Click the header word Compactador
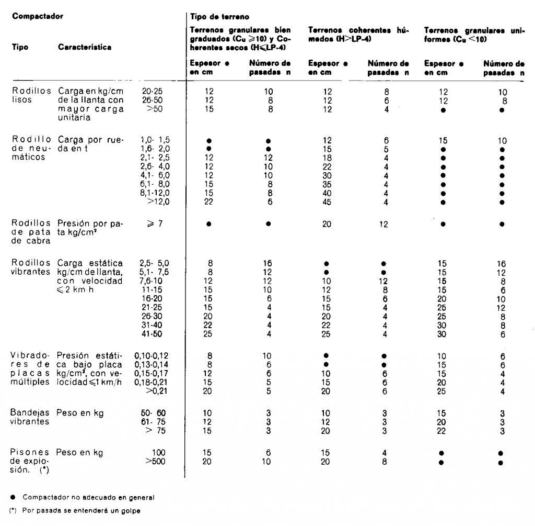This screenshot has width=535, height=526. (x=37, y=16)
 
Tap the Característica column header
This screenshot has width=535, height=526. (x=85, y=47)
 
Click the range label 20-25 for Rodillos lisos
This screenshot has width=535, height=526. (x=152, y=91)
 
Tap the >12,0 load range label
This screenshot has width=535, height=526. (x=152, y=202)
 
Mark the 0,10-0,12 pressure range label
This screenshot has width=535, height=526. (x=150, y=356)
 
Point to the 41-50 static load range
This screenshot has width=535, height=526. (x=152, y=334)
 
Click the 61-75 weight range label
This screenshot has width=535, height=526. (x=152, y=422)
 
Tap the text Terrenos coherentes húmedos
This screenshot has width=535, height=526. (x=357, y=35)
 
